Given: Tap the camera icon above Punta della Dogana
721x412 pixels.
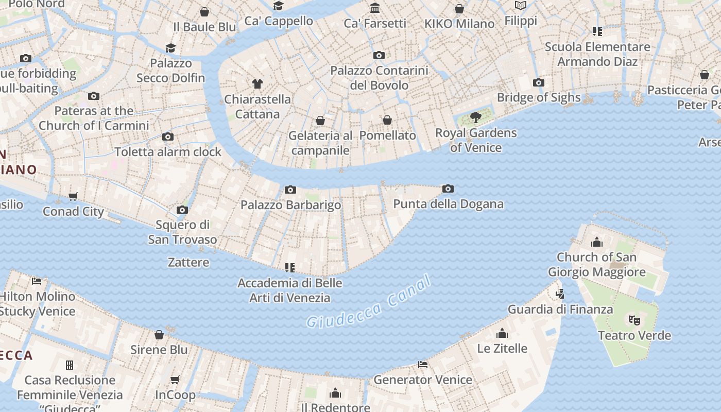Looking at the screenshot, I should click(448, 189).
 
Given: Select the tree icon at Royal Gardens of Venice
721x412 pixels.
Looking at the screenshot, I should click(476, 117).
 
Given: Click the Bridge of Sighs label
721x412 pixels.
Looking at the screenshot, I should click(539, 97).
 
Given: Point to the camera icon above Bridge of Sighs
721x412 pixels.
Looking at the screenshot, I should click(539, 82).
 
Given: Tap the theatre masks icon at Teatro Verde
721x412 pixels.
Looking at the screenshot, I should click(634, 320).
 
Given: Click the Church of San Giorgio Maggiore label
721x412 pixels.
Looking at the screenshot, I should click(596, 264).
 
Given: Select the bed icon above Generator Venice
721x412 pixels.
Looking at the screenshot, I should click(423, 365).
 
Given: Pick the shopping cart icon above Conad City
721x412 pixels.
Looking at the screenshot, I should click(73, 196).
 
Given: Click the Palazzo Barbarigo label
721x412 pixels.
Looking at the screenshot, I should click(290, 204).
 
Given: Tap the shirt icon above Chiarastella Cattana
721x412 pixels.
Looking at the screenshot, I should click(257, 83).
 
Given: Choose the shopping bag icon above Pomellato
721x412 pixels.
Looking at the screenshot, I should click(387, 120).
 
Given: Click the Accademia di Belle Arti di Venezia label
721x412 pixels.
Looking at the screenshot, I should click(289, 290).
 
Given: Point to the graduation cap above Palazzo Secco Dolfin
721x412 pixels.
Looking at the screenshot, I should click(170, 48).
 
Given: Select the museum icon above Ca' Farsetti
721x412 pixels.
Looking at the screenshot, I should click(375, 8).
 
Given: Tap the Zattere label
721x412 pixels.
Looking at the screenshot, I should click(188, 262).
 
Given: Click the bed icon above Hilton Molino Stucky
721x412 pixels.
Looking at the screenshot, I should click(37, 281).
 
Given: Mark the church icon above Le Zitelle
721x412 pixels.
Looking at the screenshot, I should click(502, 333).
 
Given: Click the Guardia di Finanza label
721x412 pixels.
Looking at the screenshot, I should click(560, 309).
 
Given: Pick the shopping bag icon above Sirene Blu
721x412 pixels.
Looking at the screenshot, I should click(159, 335).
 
